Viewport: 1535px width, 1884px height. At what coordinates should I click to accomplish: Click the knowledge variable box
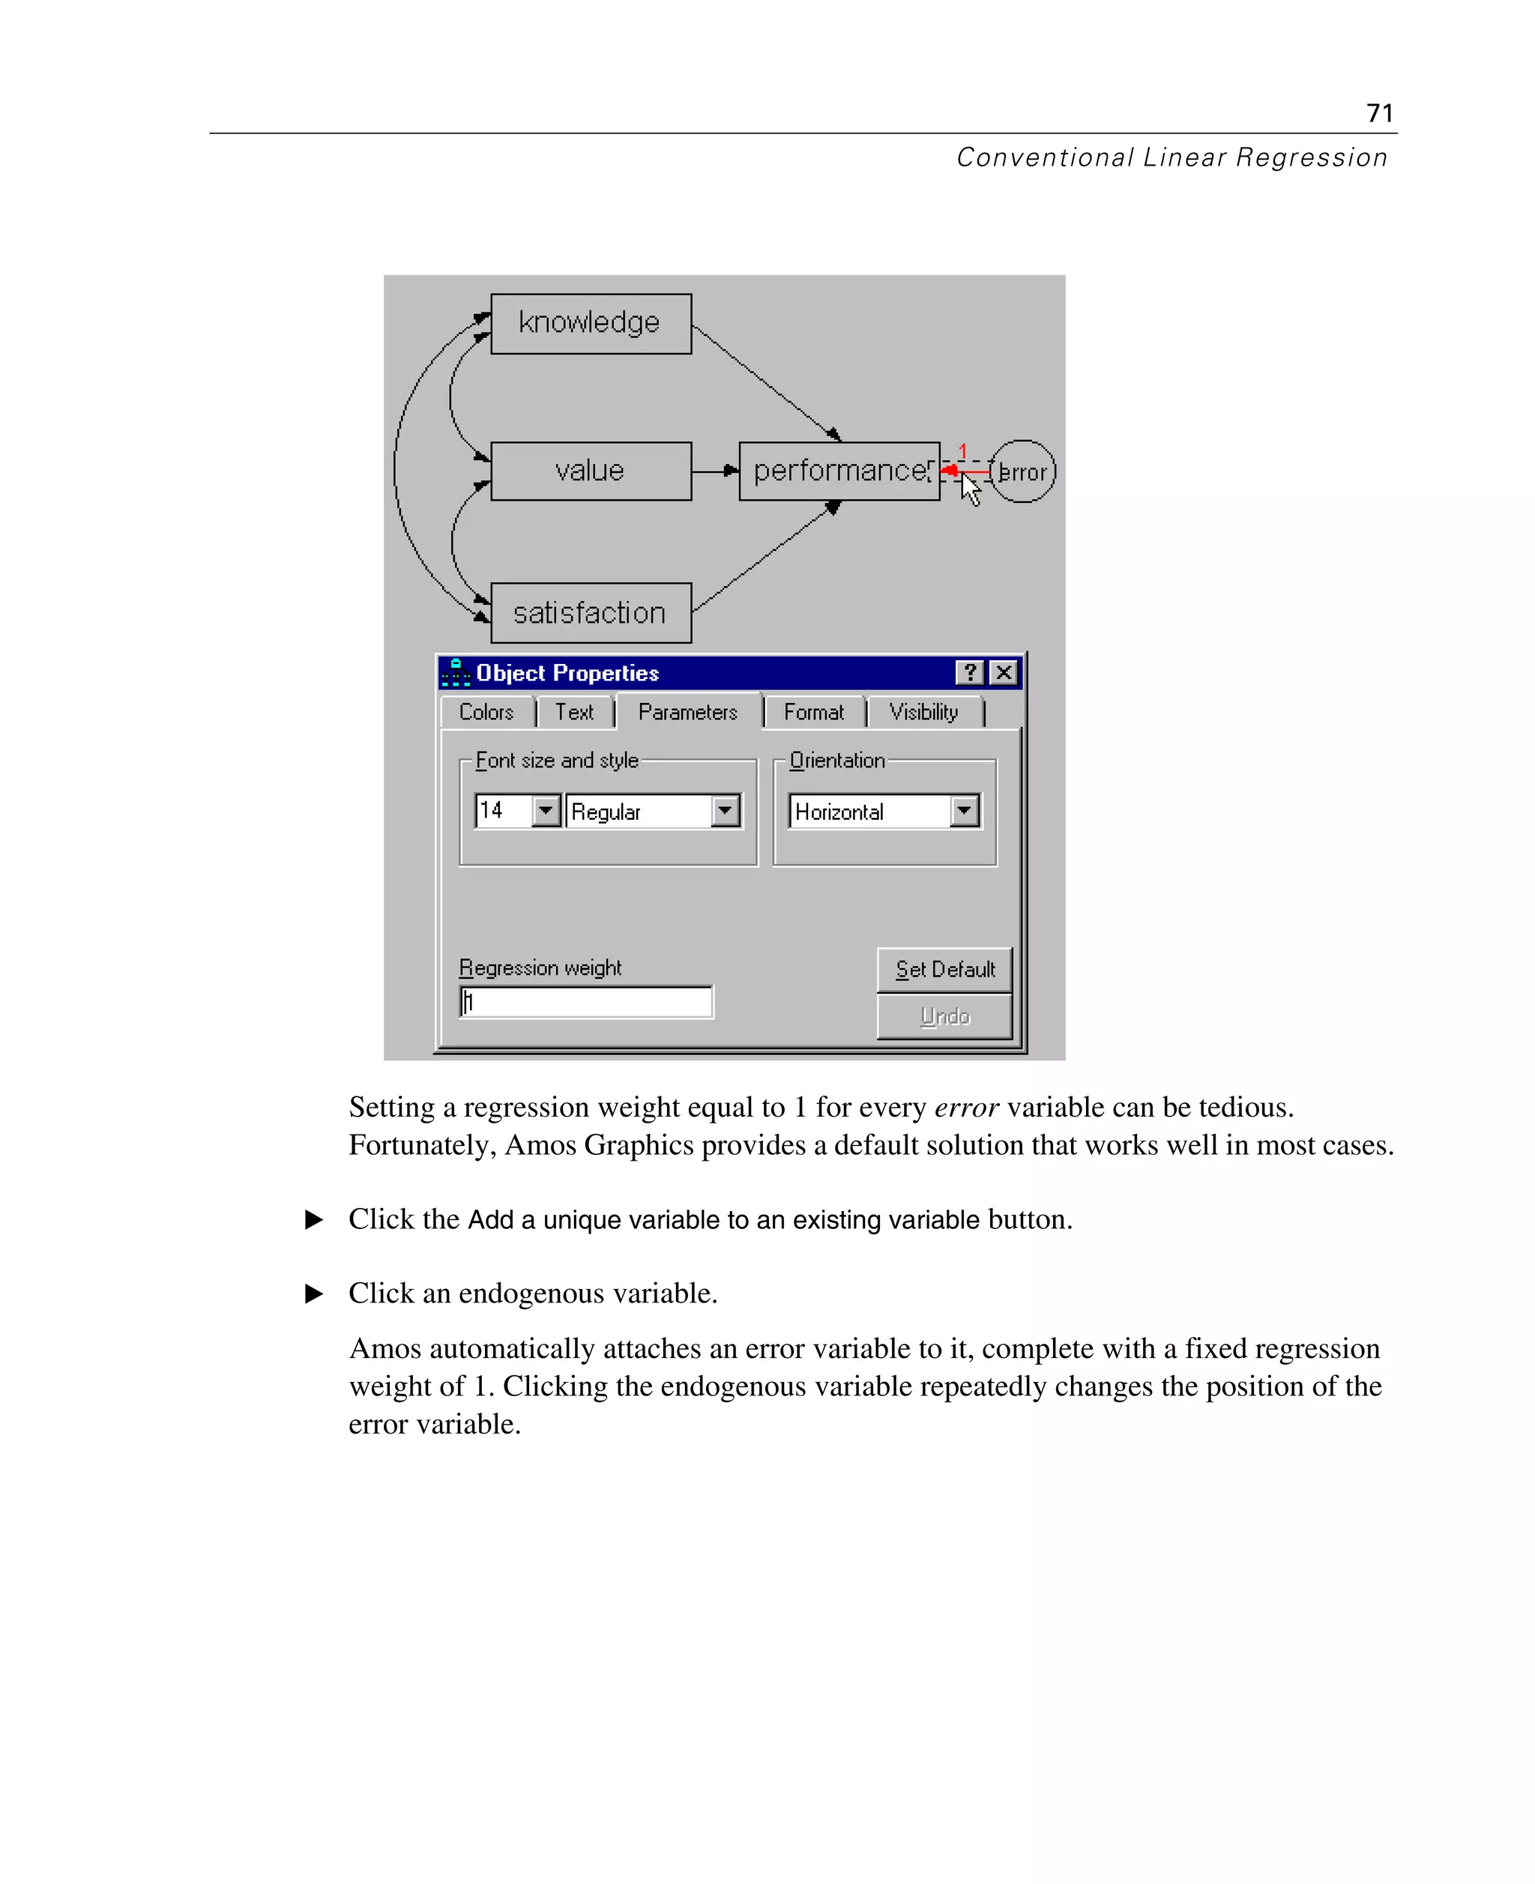coord(591,324)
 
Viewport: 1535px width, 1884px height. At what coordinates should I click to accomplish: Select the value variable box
coord(591,471)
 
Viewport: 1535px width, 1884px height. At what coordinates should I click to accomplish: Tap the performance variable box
coord(838,471)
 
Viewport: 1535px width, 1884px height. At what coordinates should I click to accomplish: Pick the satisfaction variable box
coord(591,613)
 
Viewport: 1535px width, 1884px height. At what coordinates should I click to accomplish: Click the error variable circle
coord(1024,472)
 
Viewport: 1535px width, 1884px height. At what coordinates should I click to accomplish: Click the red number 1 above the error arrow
coord(963,452)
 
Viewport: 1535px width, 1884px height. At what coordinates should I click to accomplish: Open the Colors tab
coord(486,713)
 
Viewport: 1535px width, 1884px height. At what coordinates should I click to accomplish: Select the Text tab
coord(575,713)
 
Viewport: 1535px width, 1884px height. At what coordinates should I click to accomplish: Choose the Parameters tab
coord(688,713)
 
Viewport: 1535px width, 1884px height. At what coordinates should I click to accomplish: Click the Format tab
coord(813,713)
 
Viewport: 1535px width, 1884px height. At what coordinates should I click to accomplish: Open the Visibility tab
coord(924,713)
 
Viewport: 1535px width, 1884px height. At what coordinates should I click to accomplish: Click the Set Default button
coord(944,970)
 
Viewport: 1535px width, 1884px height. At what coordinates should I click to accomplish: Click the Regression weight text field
coord(587,1002)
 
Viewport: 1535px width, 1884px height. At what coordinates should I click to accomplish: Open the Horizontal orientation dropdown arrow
coord(965,811)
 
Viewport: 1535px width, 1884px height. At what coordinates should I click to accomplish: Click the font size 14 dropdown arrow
coord(546,811)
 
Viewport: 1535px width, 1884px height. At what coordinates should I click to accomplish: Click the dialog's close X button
coord(1004,673)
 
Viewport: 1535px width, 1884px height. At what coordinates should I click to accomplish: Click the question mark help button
coord(970,673)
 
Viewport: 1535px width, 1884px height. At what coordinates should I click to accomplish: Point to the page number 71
coord(1379,113)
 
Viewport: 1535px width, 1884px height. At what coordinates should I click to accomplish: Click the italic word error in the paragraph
coord(966,1108)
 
